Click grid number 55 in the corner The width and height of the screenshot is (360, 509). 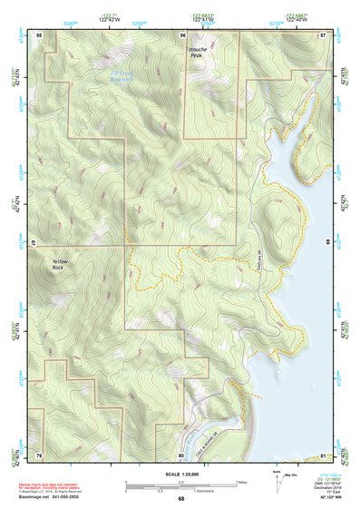39,34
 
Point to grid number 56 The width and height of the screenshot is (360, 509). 181,34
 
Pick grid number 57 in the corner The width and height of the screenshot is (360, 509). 323,34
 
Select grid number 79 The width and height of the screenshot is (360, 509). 39,454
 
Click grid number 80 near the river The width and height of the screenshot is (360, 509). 181,454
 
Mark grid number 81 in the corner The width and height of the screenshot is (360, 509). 323,454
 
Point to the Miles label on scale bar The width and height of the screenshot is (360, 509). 243,482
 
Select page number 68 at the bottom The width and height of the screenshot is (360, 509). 180,500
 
